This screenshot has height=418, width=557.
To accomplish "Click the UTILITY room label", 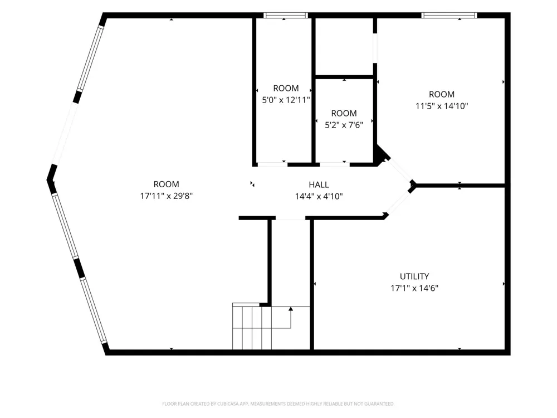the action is click(414, 276).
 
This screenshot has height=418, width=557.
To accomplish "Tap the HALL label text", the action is click(319, 184).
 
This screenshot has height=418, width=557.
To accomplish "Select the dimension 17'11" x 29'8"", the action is click(166, 196).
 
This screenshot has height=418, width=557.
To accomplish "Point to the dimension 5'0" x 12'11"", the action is click(286, 100).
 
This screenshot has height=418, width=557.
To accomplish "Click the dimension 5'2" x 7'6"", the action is click(344, 125).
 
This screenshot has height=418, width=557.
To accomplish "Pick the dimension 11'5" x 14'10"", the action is click(442, 106).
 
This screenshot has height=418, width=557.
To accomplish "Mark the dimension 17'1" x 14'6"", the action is click(414, 288).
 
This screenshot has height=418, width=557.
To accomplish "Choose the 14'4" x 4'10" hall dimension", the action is click(319, 196).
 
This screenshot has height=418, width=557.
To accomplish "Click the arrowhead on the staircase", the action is click(291, 309).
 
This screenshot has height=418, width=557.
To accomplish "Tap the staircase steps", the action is click(252, 328).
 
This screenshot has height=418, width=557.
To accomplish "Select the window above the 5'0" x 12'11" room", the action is click(286, 15).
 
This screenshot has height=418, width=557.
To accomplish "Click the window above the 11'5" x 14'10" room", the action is click(449, 15).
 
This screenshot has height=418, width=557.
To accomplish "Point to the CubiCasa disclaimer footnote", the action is click(278, 404).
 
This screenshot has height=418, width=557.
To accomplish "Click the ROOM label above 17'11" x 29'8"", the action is click(166, 184).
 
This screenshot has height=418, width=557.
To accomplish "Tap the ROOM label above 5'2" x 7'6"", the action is click(344, 113).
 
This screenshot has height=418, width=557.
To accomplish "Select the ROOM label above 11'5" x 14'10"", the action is click(442, 94).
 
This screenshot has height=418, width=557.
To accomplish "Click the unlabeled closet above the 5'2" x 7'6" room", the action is click(344, 46).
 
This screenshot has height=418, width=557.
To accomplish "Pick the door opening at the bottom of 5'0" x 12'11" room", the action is click(272, 164).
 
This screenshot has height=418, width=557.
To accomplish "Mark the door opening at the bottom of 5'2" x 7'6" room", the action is click(334, 164).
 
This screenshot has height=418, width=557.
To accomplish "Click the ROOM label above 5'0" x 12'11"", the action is click(286, 88).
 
